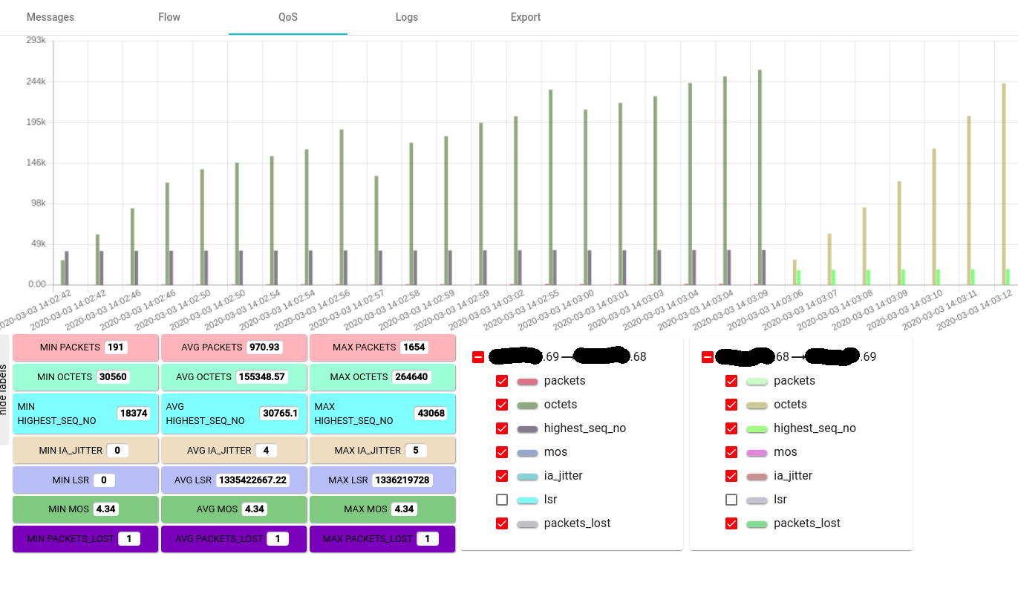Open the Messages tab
pos(50,17)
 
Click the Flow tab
pos(169,17)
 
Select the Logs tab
pos(407,17)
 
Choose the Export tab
pos(526,17)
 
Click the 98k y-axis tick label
pos(36,203)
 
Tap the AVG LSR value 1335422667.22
pos(252,480)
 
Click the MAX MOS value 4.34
pos(405,509)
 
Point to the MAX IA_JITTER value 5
pos(416,451)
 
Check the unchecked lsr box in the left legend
pos(502,500)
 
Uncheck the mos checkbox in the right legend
pos(731,452)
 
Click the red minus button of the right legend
pos(708,357)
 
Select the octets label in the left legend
pos(560,405)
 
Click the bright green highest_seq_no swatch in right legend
pos(756,428)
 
